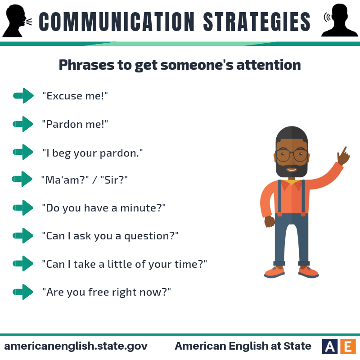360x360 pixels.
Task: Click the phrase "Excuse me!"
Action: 75,96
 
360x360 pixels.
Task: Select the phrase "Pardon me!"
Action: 75,124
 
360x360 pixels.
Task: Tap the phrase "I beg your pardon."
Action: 92,153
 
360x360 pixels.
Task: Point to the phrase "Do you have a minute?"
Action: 104,208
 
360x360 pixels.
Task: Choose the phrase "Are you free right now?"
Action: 107,292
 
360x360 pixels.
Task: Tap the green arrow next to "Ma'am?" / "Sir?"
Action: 22,179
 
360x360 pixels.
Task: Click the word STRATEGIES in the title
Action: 256,21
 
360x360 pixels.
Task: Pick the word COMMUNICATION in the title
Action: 113,21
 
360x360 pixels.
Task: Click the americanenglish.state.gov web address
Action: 76,346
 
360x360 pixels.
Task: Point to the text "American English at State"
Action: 243,346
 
